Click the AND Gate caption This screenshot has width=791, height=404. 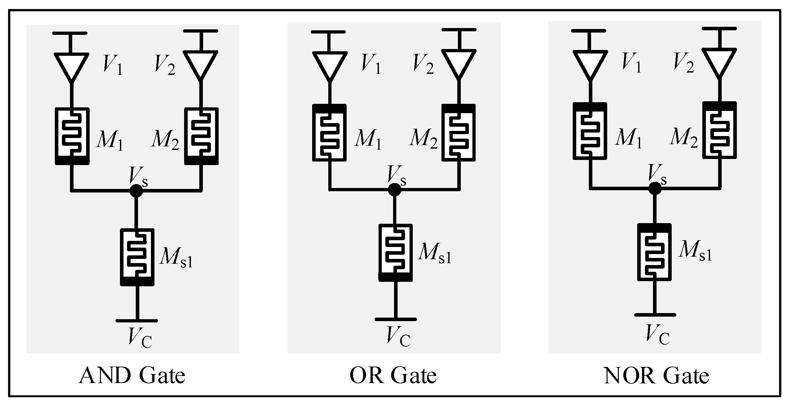tap(132, 376)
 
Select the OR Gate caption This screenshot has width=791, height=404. tap(393, 376)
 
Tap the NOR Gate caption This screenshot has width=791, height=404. tap(656, 376)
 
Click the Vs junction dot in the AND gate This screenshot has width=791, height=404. tap(136, 191)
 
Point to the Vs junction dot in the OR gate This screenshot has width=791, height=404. tap(394, 190)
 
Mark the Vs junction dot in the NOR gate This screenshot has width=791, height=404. tap(655, 188)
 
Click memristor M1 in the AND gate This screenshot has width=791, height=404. tap(72, 136)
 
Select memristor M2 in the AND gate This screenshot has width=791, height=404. tap(201, 136)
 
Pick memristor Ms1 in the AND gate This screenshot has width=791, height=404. tap(137, 257)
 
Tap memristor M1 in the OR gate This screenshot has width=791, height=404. tap(330, 133)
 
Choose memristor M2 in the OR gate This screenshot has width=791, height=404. tap(459, 133)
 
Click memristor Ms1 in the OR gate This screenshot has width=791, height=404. tap(395, 252)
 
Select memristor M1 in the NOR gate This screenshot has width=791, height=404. tap(590, 131)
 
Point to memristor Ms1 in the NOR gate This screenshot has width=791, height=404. tap(654, 252)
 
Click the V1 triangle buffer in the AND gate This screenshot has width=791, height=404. tap(71, 66)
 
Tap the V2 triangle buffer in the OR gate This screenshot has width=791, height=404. tap(459, 63)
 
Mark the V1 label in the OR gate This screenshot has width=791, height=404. tap(371, 64)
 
